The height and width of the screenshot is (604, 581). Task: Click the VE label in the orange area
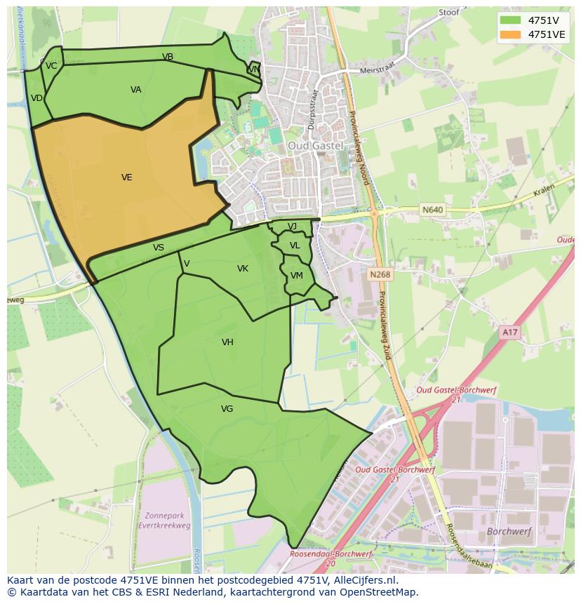(126, 177)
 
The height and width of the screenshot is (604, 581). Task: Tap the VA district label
(136, 90)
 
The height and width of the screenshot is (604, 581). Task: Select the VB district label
(168, 57)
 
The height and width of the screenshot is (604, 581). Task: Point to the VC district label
(51, 66)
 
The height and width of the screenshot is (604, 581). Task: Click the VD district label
(37, 98)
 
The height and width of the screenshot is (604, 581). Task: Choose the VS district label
(159, 248)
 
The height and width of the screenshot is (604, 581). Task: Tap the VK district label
(243, 269)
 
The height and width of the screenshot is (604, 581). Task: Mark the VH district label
(227, 342)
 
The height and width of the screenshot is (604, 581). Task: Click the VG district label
(227, 409)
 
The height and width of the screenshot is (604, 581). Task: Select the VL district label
(295, 246)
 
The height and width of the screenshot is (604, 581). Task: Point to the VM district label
(297, 276)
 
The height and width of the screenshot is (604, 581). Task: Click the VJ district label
(292, 226)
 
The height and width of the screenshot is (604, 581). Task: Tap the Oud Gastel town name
(315, 145)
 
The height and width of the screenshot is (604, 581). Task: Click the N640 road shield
(433, 209)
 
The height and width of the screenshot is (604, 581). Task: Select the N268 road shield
(380, 275)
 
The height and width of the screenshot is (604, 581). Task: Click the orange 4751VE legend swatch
(511, 34)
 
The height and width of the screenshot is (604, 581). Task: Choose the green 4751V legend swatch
(511, 20)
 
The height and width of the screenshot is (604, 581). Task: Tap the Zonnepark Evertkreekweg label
(166, 519)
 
